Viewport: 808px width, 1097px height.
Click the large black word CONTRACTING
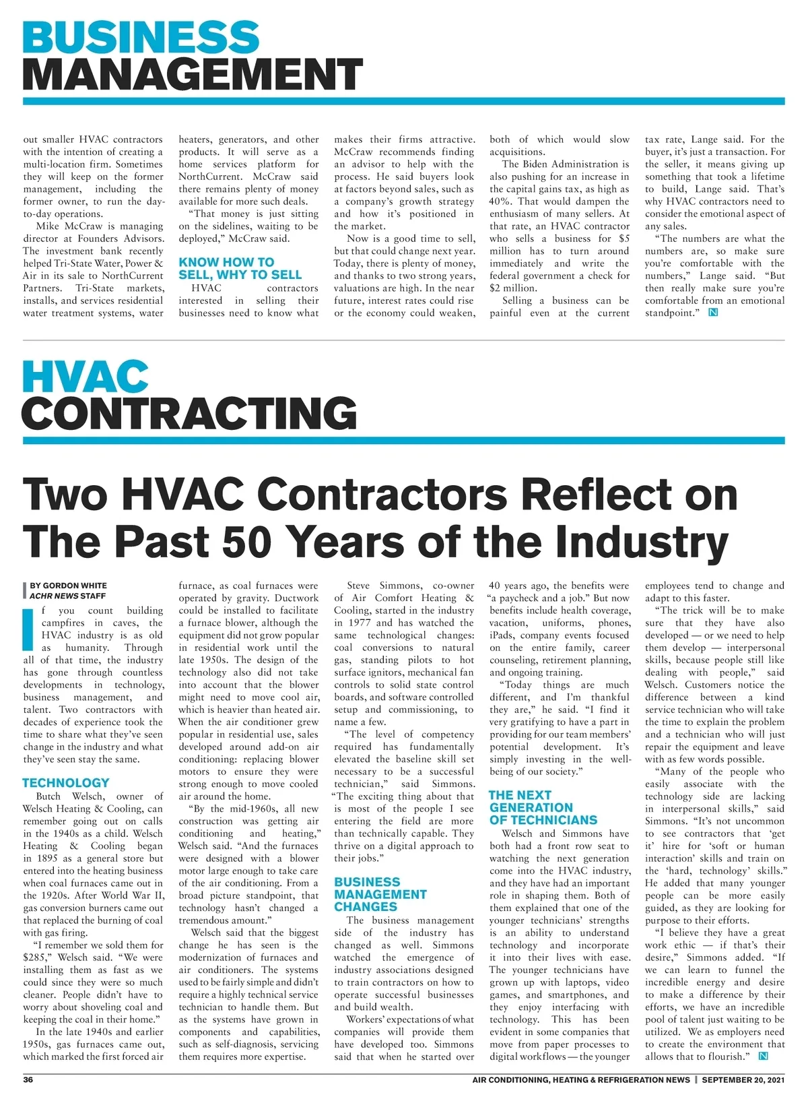click(189, 413)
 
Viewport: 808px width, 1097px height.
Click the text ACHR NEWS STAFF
click(67, 596)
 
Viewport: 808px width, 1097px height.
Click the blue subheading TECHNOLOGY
click(65, 783)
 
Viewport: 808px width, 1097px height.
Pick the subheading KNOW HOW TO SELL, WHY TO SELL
click(240, 268)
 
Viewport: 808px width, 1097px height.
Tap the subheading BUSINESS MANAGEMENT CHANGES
click(380, 894)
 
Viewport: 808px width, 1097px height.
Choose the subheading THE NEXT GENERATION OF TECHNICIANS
click(543, 807)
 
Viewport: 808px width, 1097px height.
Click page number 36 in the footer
click(28, 1079)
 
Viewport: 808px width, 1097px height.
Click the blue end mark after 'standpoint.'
click(713, 313)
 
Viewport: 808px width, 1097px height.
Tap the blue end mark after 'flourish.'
click(763, 1056)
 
